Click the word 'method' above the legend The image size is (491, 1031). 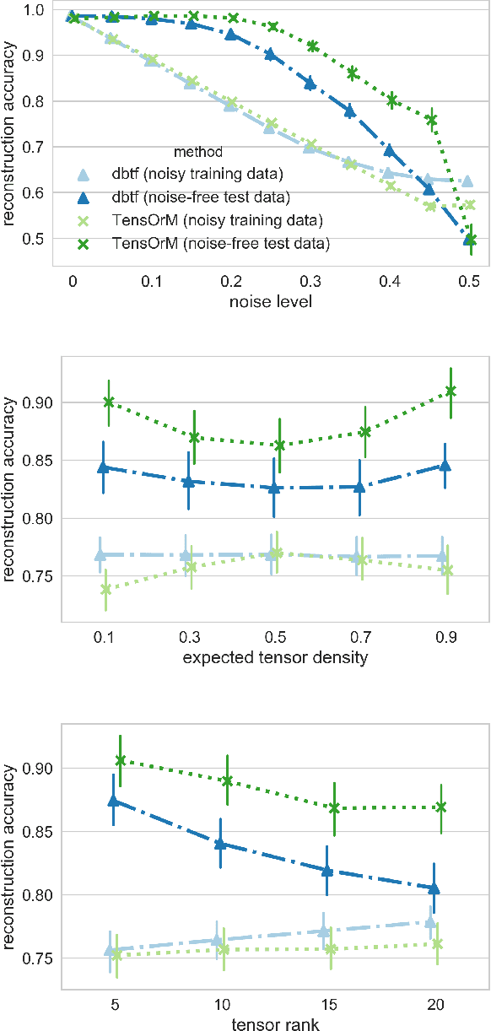point(197,153)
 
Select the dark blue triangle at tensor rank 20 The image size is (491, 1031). point(434,888)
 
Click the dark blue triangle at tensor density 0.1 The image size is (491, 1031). point(102,467)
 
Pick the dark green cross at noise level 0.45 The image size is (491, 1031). point(431,120)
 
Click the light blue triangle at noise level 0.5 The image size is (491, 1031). point(467,181)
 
